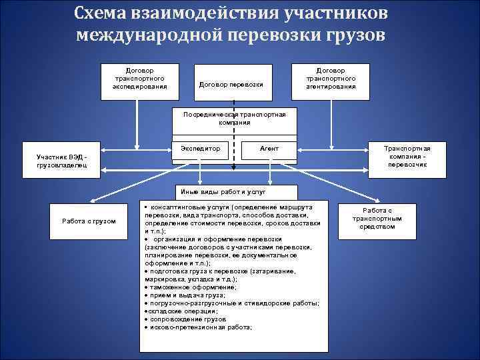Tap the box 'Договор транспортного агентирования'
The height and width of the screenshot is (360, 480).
point(331,78)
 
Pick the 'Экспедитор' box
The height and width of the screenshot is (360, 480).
point(201,149)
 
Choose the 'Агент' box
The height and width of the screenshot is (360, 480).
point(269,149)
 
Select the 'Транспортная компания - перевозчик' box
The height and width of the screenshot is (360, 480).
point(407,157)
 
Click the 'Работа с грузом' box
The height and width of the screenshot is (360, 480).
point(89,221)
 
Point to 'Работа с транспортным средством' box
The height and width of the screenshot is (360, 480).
point(377,218)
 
